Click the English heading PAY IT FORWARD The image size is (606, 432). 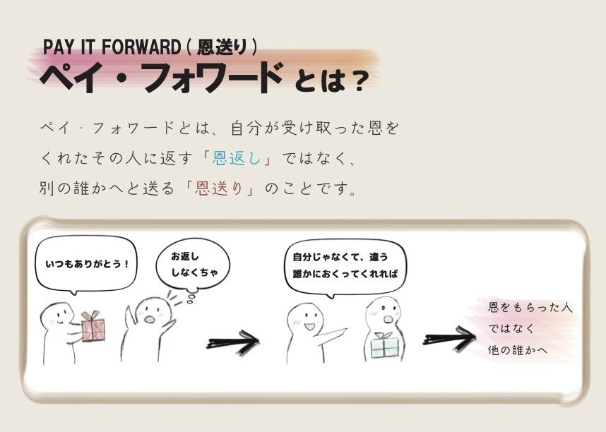112,47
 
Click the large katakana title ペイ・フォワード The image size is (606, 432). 162,78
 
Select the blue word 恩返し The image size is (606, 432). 237,160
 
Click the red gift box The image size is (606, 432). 93,325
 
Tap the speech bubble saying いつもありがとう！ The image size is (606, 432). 86,265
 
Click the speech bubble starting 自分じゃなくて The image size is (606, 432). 345,265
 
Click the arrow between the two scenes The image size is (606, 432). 233,342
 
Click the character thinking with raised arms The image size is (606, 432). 150,325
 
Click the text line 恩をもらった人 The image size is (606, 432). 530,308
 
